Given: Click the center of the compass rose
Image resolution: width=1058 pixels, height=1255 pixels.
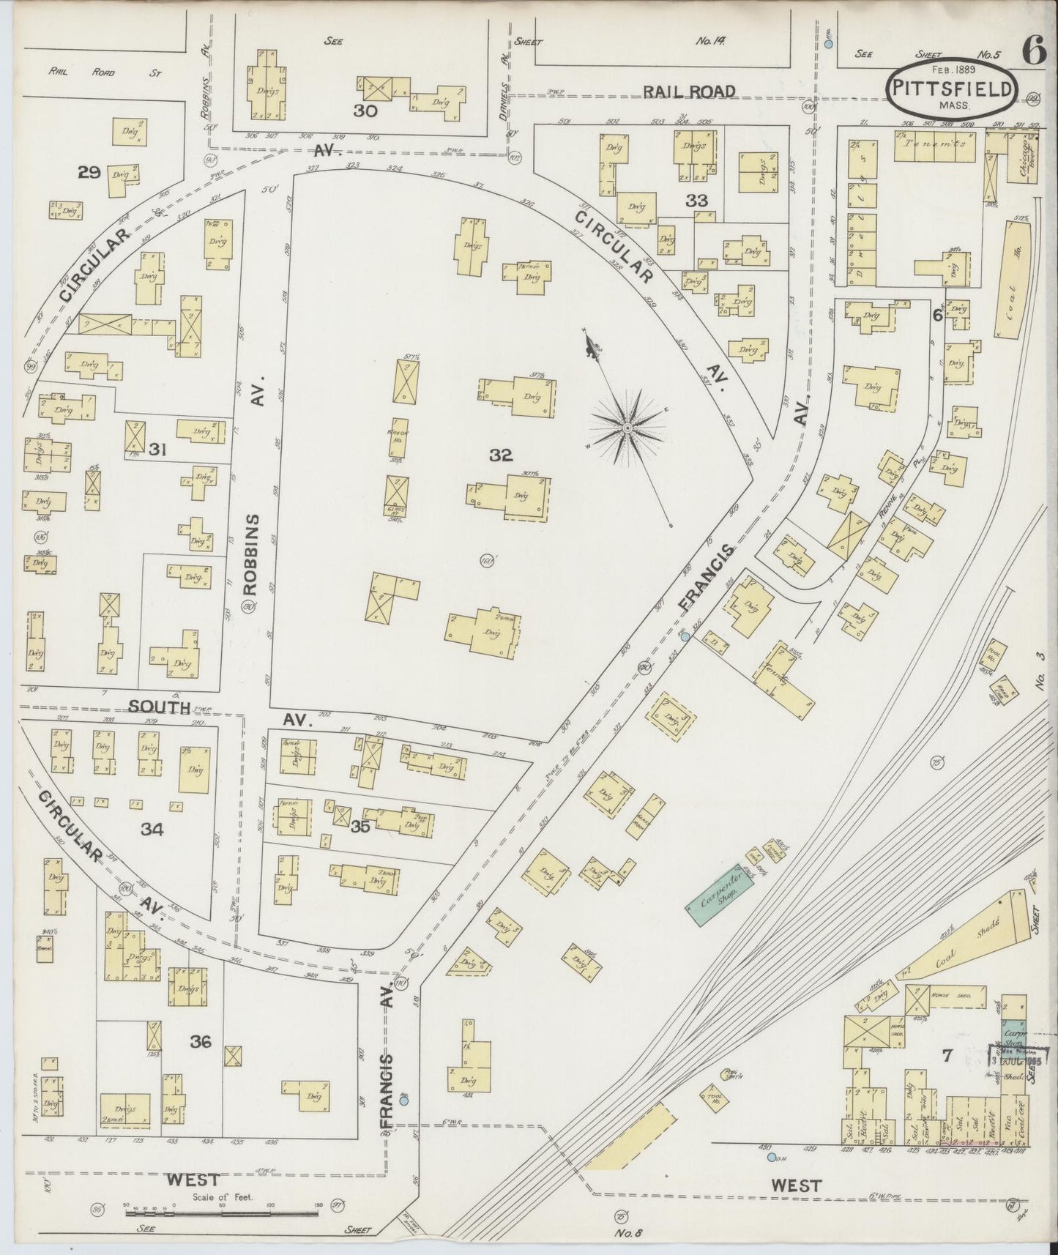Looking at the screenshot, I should pos(627,426).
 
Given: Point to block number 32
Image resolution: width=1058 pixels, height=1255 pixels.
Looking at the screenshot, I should pos(501,455).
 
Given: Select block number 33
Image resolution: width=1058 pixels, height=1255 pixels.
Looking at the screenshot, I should pos(696,199).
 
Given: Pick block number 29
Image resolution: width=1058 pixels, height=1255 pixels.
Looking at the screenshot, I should pos(89,173).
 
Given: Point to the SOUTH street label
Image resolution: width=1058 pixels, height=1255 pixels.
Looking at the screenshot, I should pos(160,707).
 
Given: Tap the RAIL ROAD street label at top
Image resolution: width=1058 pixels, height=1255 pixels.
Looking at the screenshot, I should pos(688,91).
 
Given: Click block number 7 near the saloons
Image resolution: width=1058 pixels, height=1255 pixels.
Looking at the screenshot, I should pos(946,1055).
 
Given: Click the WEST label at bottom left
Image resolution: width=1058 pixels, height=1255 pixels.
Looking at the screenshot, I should pos(193,1180).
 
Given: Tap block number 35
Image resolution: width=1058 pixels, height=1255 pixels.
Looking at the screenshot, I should pos(360,827).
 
